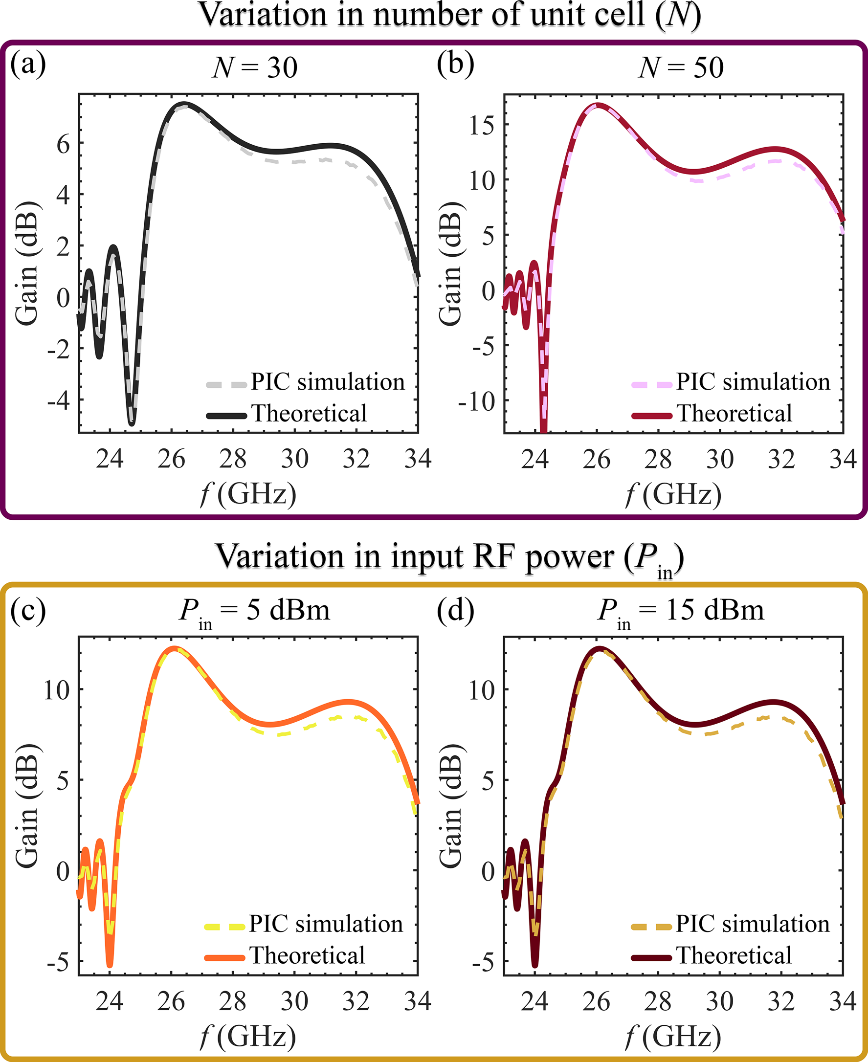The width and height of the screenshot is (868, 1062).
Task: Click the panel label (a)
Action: pos(28,65)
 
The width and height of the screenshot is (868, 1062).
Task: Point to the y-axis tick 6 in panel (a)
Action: pos(63,145)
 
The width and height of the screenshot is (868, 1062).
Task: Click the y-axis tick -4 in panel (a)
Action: pos(58,401)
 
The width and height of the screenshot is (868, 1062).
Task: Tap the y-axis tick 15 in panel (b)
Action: pos(481,125)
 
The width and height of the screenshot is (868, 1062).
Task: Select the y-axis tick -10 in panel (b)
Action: pos(475,401)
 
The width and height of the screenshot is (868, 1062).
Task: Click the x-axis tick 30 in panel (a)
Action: pos(294,459)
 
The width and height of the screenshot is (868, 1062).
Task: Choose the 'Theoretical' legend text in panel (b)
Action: pos(734,414)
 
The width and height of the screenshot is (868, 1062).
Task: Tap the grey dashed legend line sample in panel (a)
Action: pos(226,384)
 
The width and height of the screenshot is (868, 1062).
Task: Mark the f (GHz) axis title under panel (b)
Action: pos(673,495)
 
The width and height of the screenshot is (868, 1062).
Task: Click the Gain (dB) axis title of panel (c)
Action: pos(27,805)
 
